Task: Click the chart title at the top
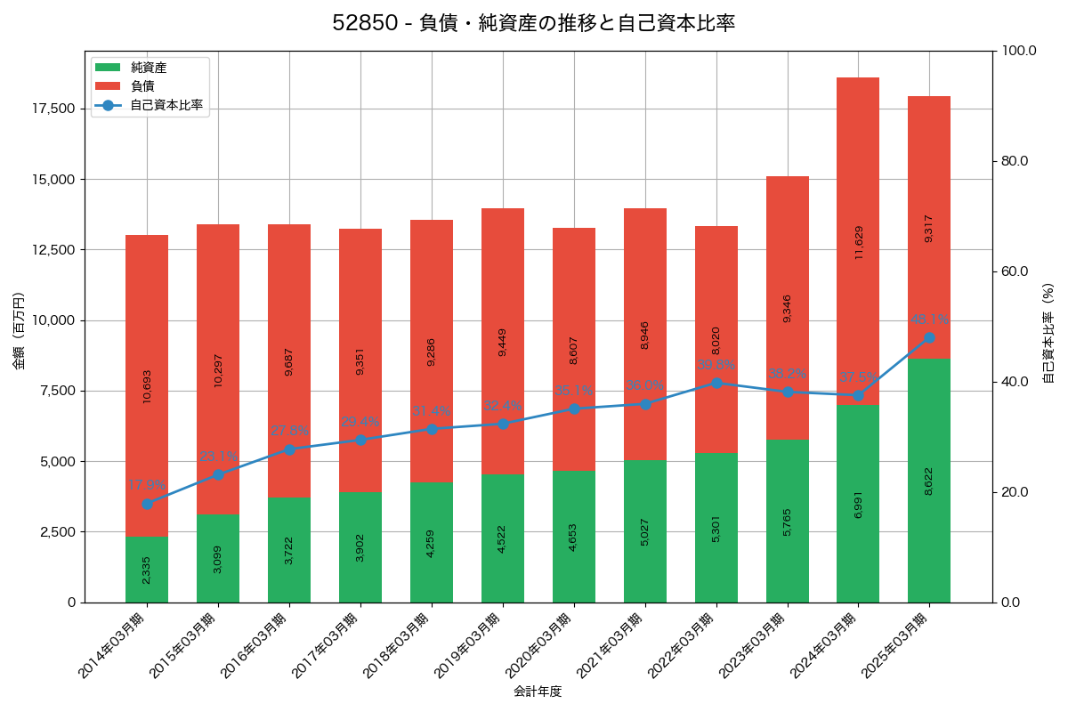click(x=534, y=23)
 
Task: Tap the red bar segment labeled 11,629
click(x=858, y=241)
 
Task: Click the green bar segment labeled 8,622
click(x=929, y=481)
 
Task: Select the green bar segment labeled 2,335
click(x=147, y=570)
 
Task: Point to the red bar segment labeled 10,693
click(x=147, y=386)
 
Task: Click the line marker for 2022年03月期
click(x=716, y=383)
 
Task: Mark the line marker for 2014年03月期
click(x=147, y=504)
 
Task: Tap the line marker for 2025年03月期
click(x=929, y=338)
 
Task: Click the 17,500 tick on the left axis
click(x=54, y=109)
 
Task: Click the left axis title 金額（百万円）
click(x=19, y=331)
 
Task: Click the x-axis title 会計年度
click(x=538, y=692)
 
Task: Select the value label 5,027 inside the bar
click(x=645, y=530)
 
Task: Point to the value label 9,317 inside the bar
click(x=929, y=228)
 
